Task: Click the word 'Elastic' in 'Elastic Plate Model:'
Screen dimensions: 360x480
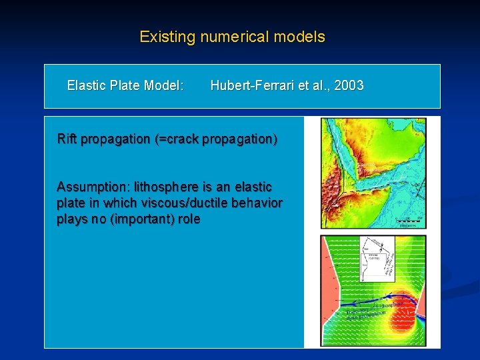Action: tap(87, 85)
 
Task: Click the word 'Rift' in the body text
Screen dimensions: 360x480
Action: tap(67, 139)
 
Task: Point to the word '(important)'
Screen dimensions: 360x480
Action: tap(141, 219)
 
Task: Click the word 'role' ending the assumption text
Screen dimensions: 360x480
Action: tap(187, 219)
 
